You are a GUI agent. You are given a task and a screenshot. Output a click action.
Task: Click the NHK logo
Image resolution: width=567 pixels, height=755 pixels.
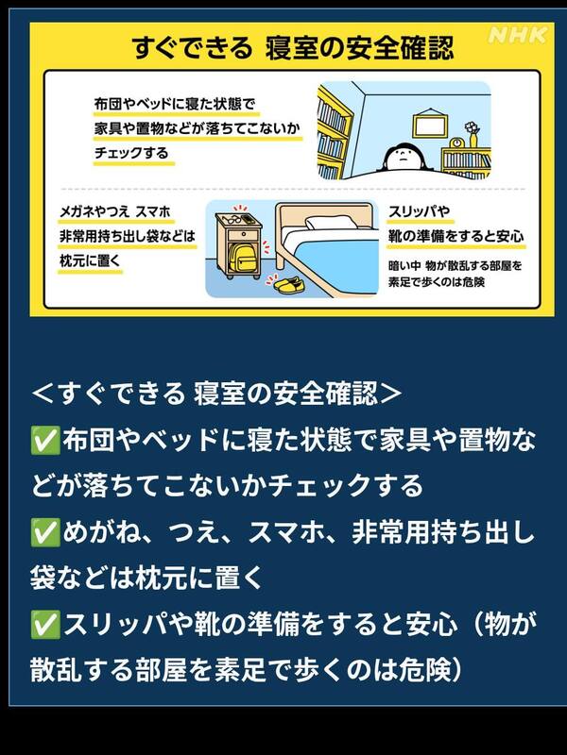tap(518, 35)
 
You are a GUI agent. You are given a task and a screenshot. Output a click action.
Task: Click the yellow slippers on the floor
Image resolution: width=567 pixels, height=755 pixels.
tap(288, 284)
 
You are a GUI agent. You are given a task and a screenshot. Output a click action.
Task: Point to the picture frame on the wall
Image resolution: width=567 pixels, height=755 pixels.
tap(427, 125)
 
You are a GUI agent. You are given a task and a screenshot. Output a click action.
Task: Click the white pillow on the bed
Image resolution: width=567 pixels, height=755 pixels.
tap(329, 222)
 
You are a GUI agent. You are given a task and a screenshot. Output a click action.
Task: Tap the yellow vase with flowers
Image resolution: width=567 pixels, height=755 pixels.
tap(472, 134)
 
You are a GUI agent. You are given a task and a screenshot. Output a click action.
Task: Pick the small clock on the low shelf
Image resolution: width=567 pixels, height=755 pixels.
tap(456, 143)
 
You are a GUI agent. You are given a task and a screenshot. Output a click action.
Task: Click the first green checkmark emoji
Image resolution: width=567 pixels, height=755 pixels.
tap(45, 440)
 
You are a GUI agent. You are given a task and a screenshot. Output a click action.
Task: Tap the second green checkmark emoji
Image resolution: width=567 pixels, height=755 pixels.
tap(45, 532)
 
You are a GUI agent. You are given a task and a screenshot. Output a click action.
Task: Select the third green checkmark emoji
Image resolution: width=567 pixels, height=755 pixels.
tap(45, 625)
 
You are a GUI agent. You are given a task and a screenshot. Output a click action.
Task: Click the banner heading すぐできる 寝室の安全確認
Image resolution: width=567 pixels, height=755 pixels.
tap(293, 48)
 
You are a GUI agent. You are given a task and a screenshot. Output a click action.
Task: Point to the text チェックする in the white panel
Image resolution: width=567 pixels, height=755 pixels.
tap(131, 153)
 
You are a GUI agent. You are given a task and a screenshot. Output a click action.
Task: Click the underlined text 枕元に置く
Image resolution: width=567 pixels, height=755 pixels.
tap(90, 261)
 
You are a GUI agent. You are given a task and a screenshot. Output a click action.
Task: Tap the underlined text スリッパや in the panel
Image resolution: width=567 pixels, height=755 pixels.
tap(420, 211)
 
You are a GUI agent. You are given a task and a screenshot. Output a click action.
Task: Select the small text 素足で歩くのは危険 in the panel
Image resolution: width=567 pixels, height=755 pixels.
tap(437, 281)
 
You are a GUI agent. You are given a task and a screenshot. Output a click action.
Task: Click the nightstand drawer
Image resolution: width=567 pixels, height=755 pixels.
tap(243, 235)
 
